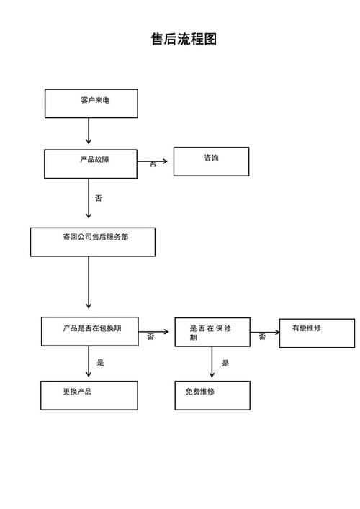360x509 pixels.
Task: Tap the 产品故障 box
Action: click(91, 163)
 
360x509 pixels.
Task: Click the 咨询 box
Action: click(211, 161)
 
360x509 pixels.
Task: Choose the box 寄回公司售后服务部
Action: click(92, 242)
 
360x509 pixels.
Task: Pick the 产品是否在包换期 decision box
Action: click(89, 331)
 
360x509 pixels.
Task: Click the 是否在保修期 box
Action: click(212, 332)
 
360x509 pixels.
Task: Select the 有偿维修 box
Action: click(317, 333)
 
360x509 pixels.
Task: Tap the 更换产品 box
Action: click(89, 395)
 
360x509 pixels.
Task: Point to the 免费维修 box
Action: click(212, 395)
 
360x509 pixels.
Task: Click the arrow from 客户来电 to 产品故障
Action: click(89, 132)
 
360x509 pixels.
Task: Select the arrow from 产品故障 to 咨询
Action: click(154, 161)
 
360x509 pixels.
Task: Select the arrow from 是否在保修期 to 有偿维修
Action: click(264, 333)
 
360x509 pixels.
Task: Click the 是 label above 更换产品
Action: click(101, 363)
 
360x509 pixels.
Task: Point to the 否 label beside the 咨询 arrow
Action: click(153, 165)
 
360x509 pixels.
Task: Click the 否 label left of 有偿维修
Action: click(262, 337)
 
